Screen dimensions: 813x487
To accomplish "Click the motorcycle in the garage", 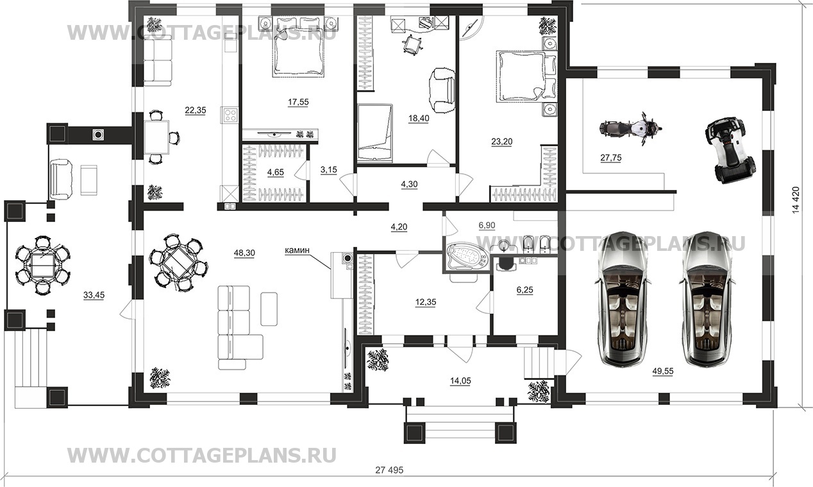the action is click(630, 129).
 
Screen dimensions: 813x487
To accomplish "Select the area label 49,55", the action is click(663, 372).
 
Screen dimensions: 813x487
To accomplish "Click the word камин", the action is click(298, 250).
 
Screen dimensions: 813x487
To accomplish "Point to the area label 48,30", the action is click(244, 253).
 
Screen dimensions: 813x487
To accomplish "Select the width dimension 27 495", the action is click(389, 470).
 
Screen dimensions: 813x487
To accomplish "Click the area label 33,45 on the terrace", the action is click(94, 296).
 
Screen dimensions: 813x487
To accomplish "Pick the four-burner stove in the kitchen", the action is click(230, 115).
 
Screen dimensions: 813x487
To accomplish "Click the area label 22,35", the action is click(196, 110).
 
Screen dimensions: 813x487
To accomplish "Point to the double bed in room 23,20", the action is click(525, 76).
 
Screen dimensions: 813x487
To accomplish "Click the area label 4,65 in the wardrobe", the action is click(276, 173).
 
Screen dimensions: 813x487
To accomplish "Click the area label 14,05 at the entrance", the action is click(460, 381).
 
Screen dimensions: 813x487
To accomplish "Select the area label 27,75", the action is click(611, 158).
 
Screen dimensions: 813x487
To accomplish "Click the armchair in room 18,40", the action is click(442, 90).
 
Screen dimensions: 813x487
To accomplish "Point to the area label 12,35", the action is click(426, 302).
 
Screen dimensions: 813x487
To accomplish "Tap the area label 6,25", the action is click(525, 290).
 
